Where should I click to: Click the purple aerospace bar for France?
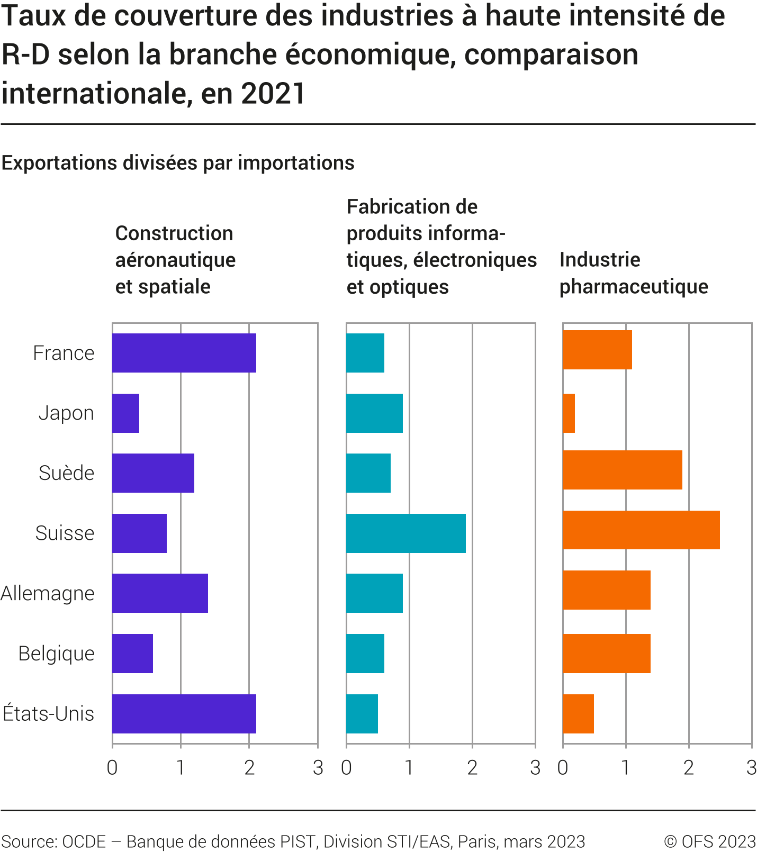click(x=184, y=353)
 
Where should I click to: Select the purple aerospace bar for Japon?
click(x=126, y=413)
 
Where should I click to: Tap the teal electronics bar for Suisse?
click(x=406, y=533)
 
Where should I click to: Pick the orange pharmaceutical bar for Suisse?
click(x=641, y=530)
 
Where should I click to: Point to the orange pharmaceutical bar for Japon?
click(x=569, y=413)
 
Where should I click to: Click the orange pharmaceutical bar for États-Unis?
click(x=579, y=714)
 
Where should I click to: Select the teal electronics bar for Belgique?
click(x=365, y=654)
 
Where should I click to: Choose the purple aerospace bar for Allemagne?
click(x=160, y=593)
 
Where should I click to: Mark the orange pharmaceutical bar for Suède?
click(x=623, y=470)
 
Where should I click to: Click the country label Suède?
click(x=66, y=473)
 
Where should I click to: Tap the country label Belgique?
click(x=56, y=654)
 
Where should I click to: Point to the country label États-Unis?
click(x=49, y=714)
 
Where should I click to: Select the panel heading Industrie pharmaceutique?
click(x=633, y=273)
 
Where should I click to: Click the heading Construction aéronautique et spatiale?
click(x=175, y=260)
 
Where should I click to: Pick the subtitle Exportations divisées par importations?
click(x=178, y=163)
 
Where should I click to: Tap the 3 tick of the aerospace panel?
click(x=318, y=767)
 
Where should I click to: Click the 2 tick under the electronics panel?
click(x=472, y=767)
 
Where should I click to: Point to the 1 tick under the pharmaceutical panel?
click(x=626, y=767)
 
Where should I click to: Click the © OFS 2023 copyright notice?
click(x=709, y=841)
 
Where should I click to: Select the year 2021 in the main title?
click(x=273, y=94)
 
